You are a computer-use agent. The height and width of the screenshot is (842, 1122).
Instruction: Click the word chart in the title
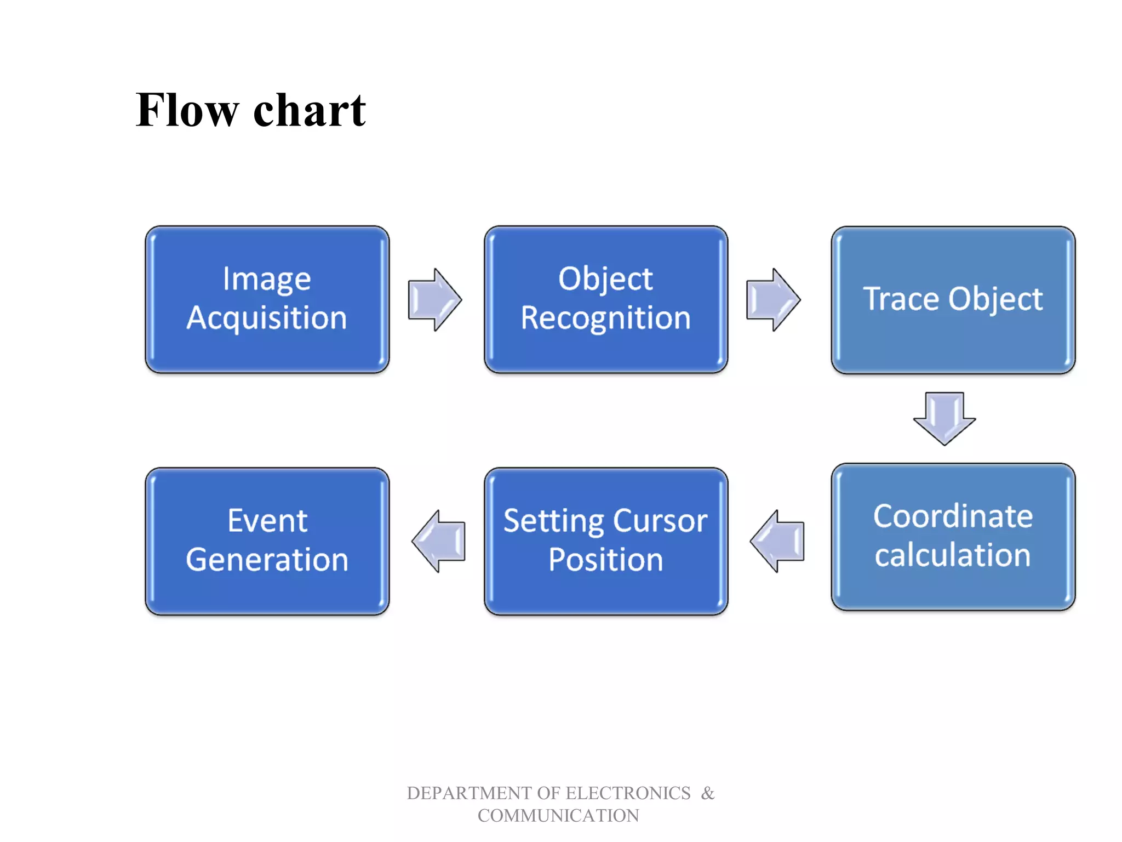tap(310, 111)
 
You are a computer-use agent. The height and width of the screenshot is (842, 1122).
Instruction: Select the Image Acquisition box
tap(267, 299)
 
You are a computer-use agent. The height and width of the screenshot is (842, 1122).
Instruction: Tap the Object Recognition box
tap(605, 299)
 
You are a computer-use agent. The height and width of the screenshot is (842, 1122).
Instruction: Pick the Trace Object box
tap(953, 299)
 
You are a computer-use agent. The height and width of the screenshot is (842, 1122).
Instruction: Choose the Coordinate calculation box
tap(953, 536)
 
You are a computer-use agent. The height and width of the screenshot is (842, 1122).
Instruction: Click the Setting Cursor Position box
tap(605, 541)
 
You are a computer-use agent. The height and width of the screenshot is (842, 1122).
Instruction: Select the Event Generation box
tap(267, 541)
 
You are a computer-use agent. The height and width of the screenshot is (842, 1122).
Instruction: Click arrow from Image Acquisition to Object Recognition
tap(434, 299)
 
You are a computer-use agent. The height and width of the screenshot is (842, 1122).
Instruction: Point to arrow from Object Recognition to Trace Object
tap(773, 299)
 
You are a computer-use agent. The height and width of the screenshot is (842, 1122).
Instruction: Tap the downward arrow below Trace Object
tap(944, 418)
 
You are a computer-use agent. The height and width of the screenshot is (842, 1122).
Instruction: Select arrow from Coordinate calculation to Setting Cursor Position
tap(777, 541)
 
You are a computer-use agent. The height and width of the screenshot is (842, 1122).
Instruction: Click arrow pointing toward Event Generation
tap(439, 541)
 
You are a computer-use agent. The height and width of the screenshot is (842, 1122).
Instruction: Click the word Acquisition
tap(267, 318)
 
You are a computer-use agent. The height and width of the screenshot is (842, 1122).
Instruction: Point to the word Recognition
tap(605, 318)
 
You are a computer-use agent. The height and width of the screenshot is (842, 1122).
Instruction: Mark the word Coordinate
tap(953, 516)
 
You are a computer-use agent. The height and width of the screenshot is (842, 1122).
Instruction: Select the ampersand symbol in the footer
tap(708, 793)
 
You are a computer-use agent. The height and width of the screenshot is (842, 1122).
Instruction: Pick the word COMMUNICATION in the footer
tap(558, 816)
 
